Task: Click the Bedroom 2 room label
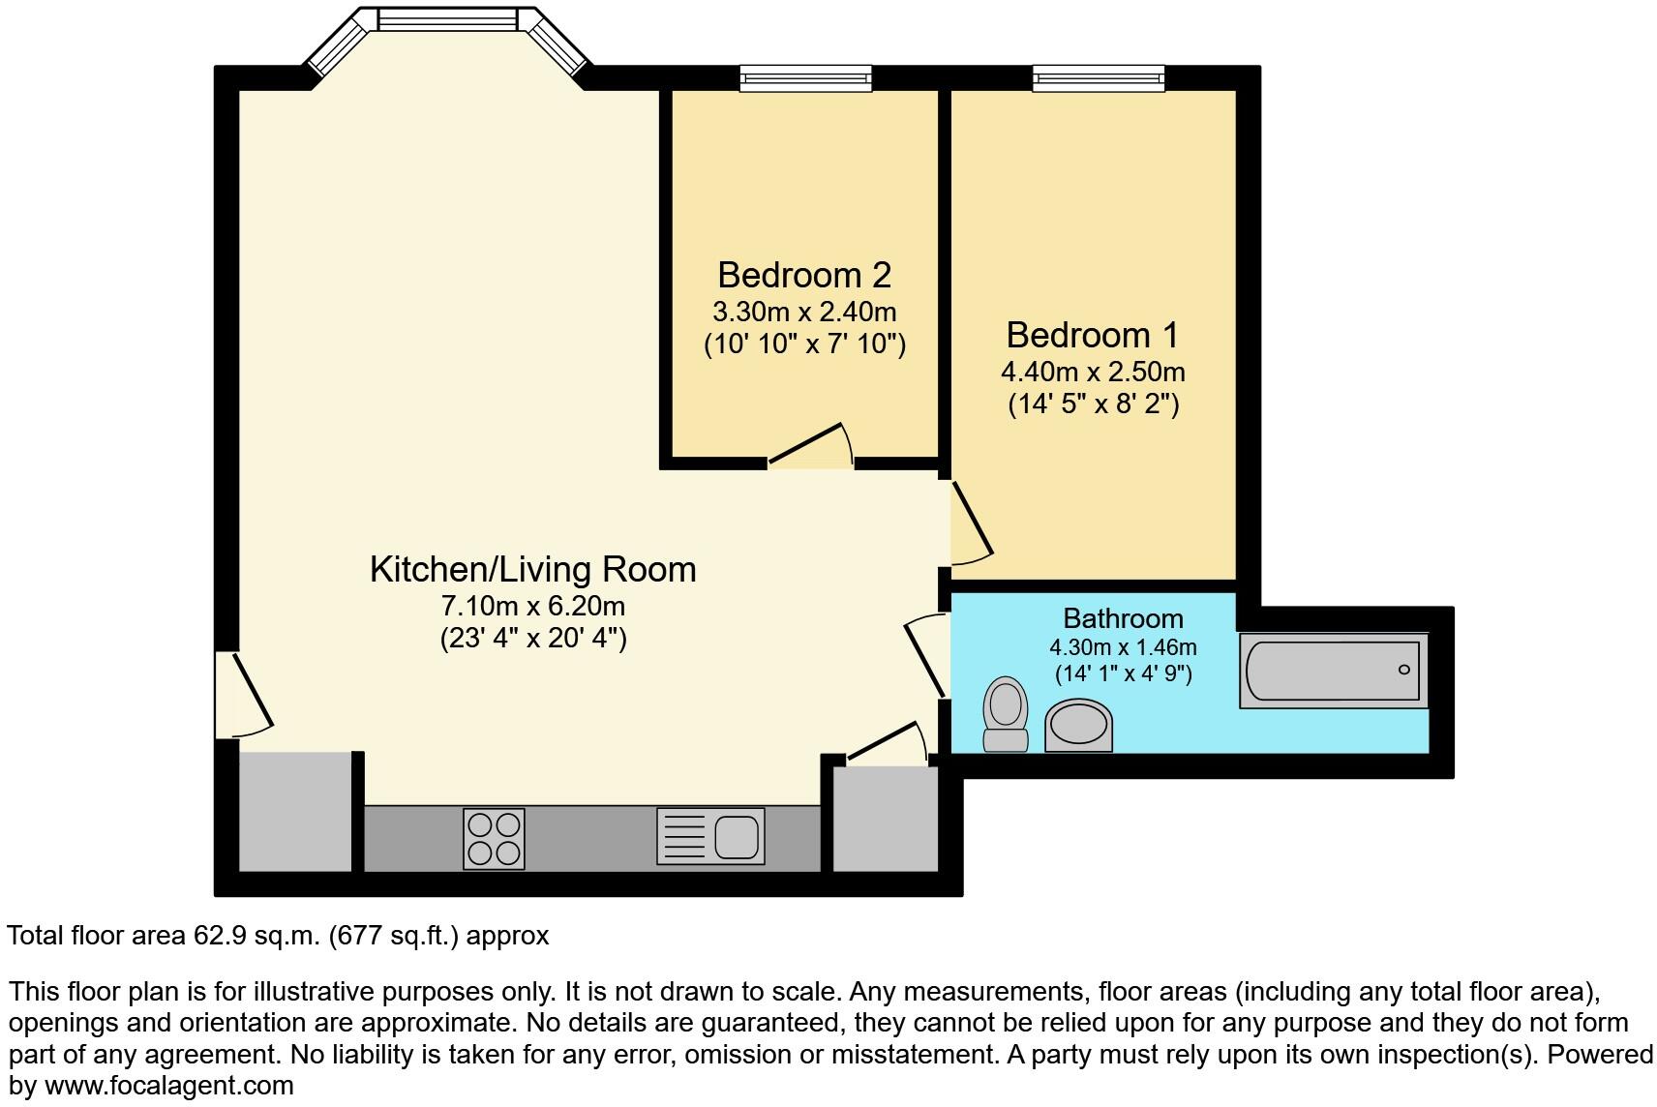[803, 276]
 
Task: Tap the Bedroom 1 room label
[1092, 336]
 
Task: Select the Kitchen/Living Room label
[532, 569]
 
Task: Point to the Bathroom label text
[1123, 618]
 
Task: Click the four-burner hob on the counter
[494, 838]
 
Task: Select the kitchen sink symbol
[711, 836]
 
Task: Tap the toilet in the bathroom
[1005, 714]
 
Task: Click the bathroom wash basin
[1078, 727]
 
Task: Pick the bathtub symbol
[1334, 671]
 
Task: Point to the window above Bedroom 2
[805, 77]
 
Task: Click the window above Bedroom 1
[1098, 77]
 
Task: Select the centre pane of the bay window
[447, 18]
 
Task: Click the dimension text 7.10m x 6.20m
[532, 607]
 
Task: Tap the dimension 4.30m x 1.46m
[1123, 647]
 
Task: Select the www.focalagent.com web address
[168, 1086]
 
